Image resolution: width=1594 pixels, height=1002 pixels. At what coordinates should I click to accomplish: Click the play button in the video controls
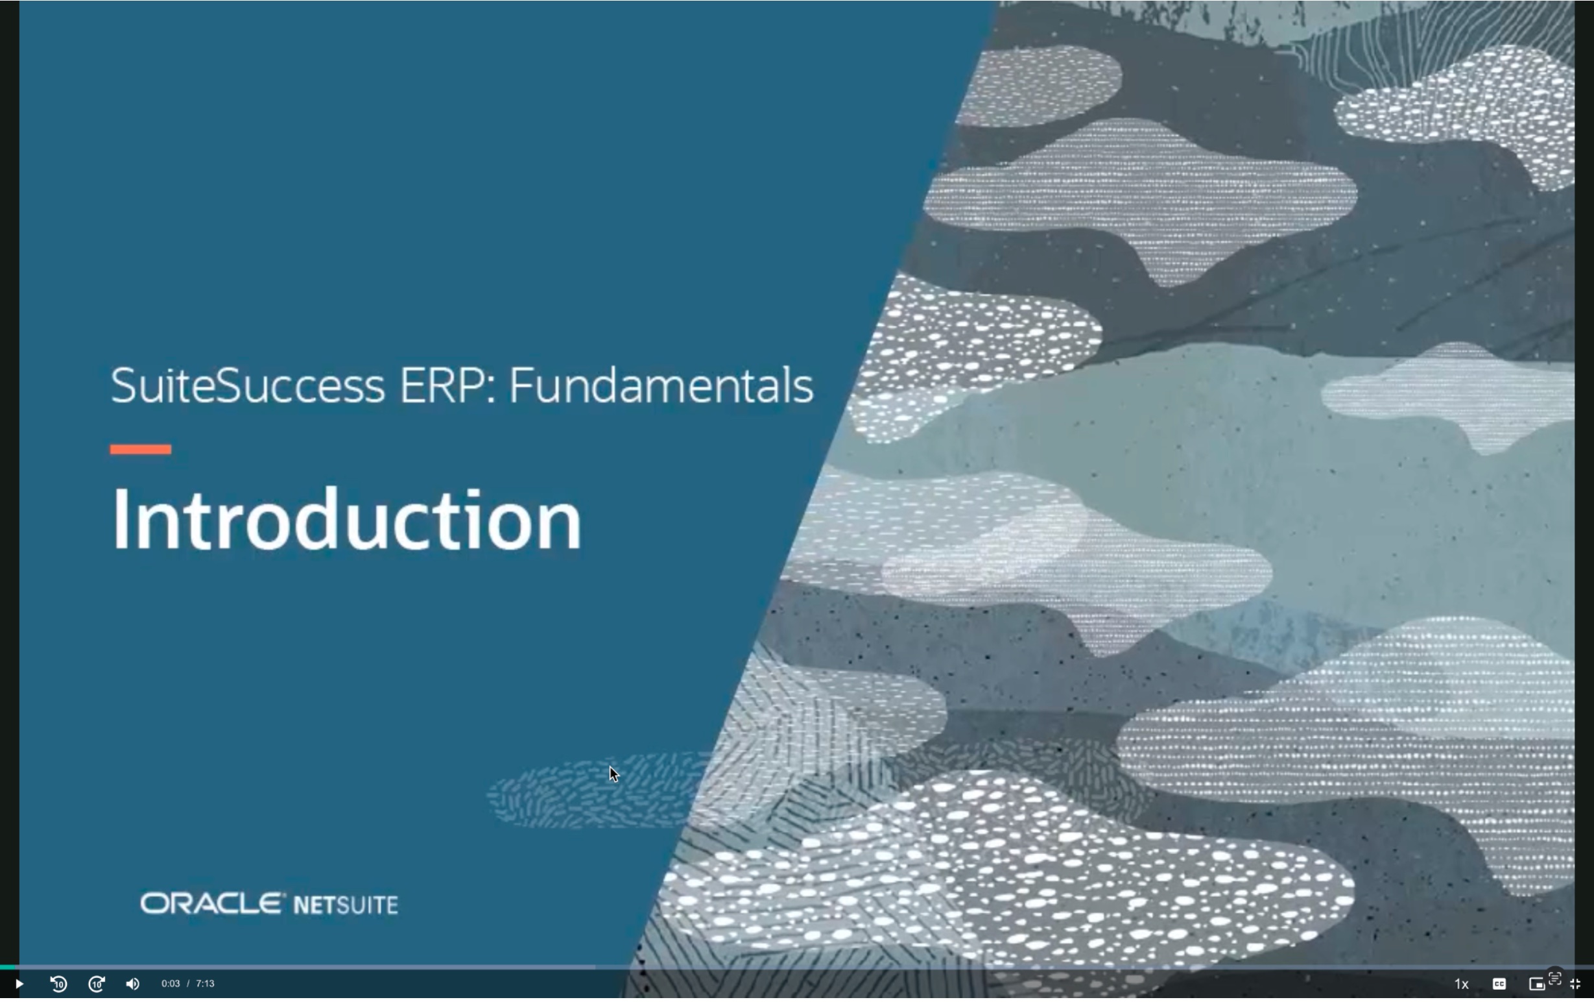tap(19, 984)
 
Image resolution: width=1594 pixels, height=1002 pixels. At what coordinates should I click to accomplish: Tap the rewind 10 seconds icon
tap(58, 984)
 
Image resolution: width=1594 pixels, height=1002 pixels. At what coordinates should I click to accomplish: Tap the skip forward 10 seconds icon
tap(97, 984)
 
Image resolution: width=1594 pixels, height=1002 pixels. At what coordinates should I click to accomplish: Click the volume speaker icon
tap(132, 984)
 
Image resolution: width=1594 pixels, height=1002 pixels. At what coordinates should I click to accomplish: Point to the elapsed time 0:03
tap(171, 984)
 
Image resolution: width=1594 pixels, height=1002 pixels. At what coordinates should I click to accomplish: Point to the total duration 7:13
tap(205, 984)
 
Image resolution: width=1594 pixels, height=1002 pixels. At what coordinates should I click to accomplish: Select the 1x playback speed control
tap(1462, 984)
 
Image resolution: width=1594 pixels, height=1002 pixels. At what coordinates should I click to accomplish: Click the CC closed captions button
tap(1499, 984)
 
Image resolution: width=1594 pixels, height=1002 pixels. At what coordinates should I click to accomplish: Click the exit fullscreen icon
tap(1575, 984)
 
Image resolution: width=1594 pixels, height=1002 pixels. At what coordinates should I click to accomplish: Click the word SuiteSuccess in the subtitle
tap(248, 385)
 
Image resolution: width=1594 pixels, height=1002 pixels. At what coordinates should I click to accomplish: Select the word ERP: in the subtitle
tap(447, 385)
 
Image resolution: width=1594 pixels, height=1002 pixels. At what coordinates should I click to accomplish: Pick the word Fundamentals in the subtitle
tap(661, 385)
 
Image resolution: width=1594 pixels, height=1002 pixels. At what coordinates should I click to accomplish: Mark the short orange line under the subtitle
tap(140, 450)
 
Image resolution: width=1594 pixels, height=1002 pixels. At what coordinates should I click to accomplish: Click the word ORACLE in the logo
tap(213, 904)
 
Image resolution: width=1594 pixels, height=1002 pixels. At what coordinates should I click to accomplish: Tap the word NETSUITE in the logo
tap(346, 905)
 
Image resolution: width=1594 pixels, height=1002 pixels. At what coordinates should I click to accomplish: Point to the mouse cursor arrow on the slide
tap(613, 773)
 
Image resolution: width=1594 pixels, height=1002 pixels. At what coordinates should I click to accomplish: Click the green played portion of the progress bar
tap(7, 968)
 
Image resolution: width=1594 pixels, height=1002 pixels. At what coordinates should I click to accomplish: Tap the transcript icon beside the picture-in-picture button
tap(1555, 978)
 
